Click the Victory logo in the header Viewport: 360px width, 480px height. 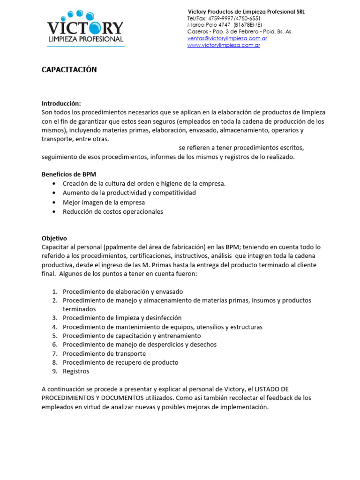click(85, 28)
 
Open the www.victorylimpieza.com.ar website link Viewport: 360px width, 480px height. click(224, 45)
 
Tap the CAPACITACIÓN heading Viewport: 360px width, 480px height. click(69, 70)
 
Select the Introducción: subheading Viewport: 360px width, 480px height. click(61, 104)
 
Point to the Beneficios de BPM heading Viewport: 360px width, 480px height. click(68, 174)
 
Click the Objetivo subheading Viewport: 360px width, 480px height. click(54, 238)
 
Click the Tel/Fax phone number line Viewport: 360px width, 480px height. click(224, 18)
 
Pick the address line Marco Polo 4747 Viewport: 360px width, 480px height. click(224, 25)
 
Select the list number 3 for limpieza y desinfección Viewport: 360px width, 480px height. click(54, 318)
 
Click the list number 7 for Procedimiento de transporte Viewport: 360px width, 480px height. click(54, 353)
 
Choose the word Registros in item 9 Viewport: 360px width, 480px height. click(76, 371)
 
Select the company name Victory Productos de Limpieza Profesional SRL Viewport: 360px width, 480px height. click(246, 12)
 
